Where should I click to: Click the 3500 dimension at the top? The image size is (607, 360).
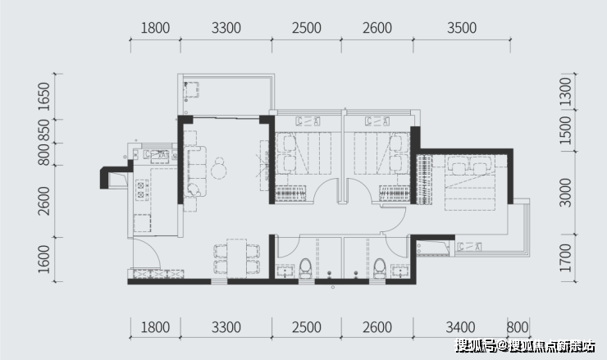(x=462, y=28)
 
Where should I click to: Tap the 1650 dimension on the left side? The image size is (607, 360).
(x=44, y=97)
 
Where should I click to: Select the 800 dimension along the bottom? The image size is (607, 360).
(x=518, y=327)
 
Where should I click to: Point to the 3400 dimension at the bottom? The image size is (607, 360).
(x=460, y=327)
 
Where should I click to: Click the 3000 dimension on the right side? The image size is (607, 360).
(x=566, y=193)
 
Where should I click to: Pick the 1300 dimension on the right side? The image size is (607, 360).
(x=566, y=92)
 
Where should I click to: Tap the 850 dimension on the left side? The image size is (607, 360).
(x=44, y=131)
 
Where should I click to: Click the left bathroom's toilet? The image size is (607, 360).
(x=305, y=269)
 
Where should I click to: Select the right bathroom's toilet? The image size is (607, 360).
(x=379, y=269)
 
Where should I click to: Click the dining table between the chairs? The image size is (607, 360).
(x=236, y=258)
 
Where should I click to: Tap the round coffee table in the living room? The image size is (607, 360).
(x=219, y=169)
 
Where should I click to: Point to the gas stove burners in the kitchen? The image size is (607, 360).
(x=141, y=189)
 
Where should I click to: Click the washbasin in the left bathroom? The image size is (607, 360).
(x=285, y=271)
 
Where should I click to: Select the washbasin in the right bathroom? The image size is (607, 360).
(x=400, y=271)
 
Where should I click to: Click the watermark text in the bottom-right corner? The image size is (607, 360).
(x=524, y=346)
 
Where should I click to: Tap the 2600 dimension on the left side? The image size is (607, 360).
(x=44, y=201)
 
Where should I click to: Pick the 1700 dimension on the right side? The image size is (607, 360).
(x=566, y=257)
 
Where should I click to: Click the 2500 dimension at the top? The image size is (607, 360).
(x=306, y=28)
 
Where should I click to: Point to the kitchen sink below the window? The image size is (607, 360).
(x=156, y=155)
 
